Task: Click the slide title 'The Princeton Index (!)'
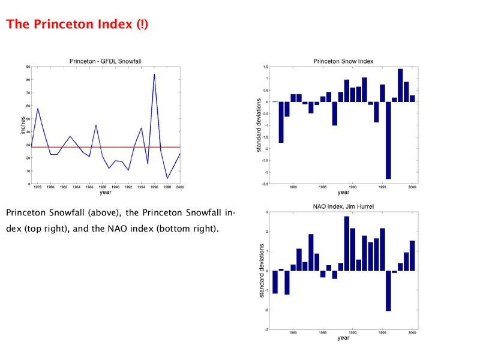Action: click(x=77, y=24)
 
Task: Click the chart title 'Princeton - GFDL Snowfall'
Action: click(x=106, y=61)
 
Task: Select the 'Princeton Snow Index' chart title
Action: click(x=343, y=61)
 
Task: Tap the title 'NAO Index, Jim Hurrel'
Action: click(x=343, y=206)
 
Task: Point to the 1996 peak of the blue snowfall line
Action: click(x=154, y=74)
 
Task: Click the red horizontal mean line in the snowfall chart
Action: click(x=106, y=147)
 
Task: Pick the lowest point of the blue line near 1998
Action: click(x=167, y=178)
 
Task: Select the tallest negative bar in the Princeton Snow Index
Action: click(x=388, y=140)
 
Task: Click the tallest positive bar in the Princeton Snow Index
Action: click(x=400, y=85)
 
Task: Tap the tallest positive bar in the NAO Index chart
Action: click(x=347, y=244)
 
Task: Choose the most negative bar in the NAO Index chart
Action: click(x=388, y=291)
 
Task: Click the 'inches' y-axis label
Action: click(x=23, y=125)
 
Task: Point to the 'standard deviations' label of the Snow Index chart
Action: click(x=259, y=125)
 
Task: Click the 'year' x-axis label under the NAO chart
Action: click(x=343, y=338)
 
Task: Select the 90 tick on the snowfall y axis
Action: click(x=28, y=67)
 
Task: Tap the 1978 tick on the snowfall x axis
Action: click(x=38, y=187)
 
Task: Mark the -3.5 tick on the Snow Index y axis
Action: click(x=265, y=184)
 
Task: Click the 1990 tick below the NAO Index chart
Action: click(x=353, y=332)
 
